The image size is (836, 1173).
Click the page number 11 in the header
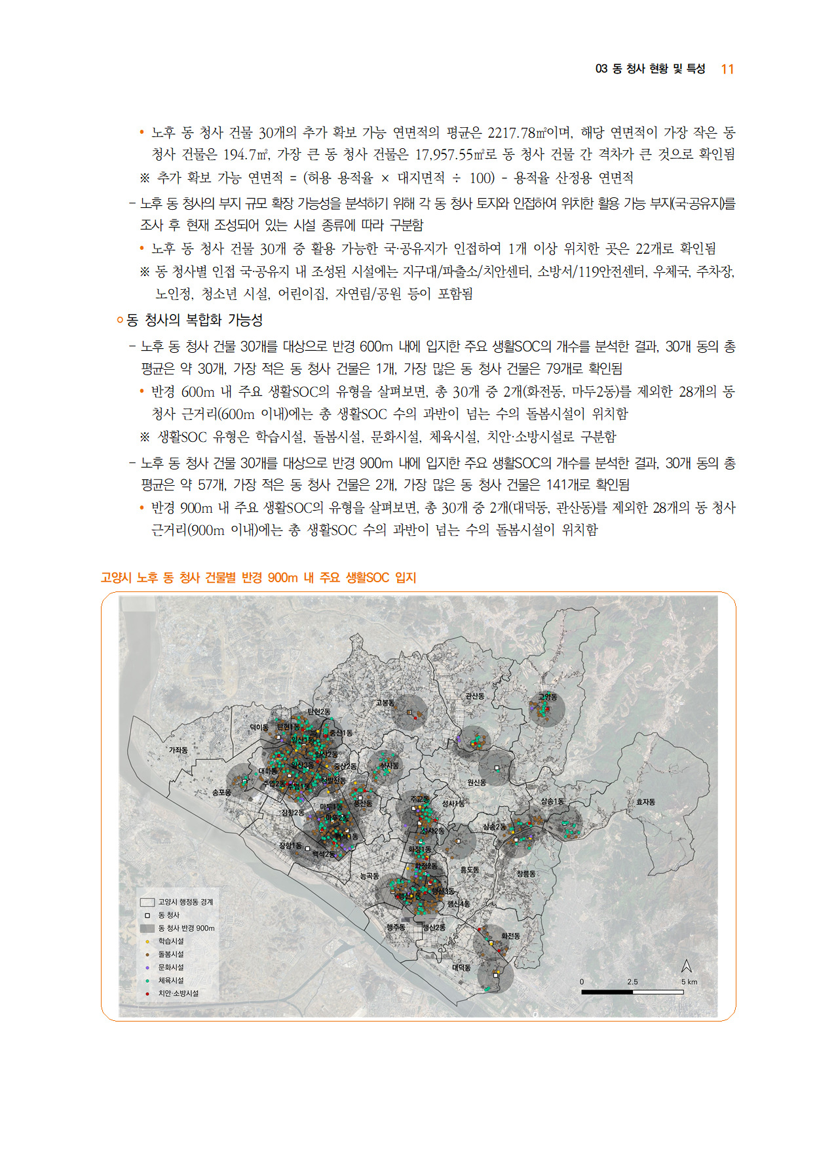coord(727,70)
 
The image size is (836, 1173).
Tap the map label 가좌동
coord(178,750)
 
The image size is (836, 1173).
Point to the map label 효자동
coord(645,802)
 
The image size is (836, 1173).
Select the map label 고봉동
coord(385,702)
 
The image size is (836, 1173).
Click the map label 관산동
coord(474,696)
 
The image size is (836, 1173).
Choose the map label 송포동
coord(221,793)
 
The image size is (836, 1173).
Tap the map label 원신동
coord(477,782)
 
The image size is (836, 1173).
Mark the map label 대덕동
coord(461,968)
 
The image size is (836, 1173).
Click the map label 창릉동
coord(526,873)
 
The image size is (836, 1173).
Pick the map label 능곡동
coord(370,875)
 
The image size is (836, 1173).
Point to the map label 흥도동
coord(469,869)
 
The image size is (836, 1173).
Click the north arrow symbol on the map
coord(686,966)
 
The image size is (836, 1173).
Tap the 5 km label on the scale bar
coord(689,982)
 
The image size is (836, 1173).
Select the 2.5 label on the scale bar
coord(632,982)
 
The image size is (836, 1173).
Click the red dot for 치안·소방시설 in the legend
coord(147,993)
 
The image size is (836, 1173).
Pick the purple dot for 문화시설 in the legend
coord(147,967)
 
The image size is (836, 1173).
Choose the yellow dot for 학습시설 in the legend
coord(147,941)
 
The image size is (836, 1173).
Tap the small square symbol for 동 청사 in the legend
coord(147,915)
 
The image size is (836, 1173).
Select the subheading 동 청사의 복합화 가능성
coord(195,320)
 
